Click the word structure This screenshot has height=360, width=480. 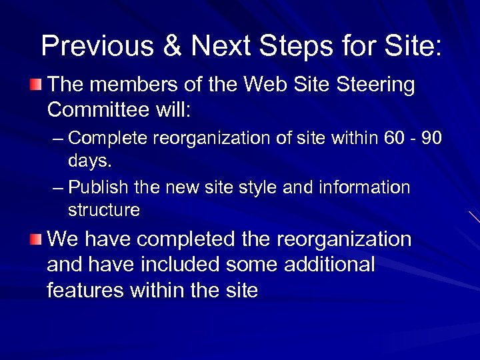(103, 210)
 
